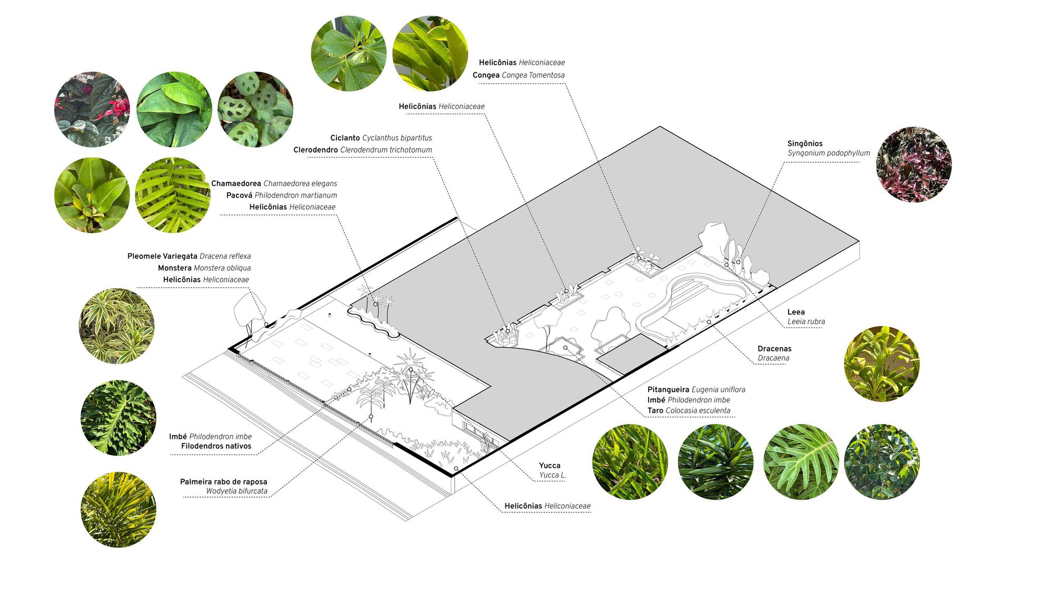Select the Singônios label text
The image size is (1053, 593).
(x=804, y=143)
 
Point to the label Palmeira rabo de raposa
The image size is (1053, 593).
(x=224, y=482)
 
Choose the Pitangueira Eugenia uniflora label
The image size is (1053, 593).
(x=696, y=390)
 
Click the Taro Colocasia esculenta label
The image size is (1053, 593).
(x=689, y=411)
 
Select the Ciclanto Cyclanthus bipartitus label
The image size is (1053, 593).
(x=381, y=138)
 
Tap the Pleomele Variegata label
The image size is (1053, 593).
(x=162, y=256)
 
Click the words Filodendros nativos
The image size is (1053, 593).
(x=216, y=446)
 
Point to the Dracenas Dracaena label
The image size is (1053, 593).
(x=774, y=353)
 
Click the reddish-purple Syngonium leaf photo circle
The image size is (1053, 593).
(x=913, y=164)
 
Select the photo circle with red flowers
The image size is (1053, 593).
(x=92, y=109)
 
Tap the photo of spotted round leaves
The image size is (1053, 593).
(x=255, y=109)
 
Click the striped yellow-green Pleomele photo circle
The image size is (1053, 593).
(x=116, y=326)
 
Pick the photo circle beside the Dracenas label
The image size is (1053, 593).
(x=882, y=364)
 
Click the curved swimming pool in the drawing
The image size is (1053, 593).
(x=690, y=306)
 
